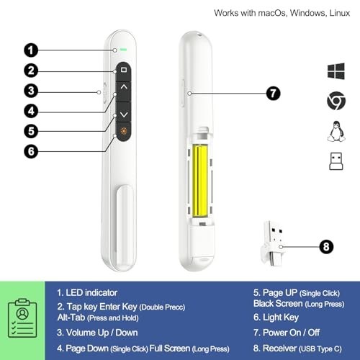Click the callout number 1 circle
tap(30, 50)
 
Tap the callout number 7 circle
tap(272, 93)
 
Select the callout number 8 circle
tap(326, 246)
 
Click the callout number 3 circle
tap(30, 91)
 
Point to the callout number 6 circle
tap(30, 150)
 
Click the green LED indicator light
tap(125, 50)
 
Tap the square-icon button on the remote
tap(123, 71)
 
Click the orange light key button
tap(123, 131)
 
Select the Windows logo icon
tap(336, 71)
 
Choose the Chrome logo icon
tap(336, 102)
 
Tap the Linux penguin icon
tap(336, 132)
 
